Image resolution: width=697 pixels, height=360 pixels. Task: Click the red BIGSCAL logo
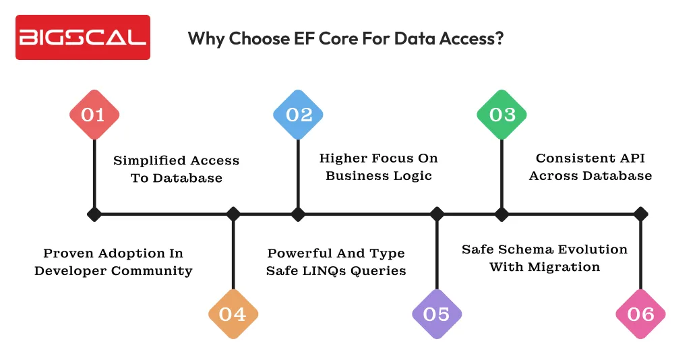click(x=83, y=37)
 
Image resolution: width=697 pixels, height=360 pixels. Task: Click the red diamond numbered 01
click(x=94, y=115)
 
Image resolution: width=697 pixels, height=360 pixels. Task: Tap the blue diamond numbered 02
click(x=298, y=115)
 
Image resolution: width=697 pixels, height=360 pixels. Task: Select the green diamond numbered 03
click(x=502, y=115)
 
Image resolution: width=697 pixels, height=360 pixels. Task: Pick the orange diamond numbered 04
click(x=233, y=313)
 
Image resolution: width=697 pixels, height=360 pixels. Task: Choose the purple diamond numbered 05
click(x=437, y=313)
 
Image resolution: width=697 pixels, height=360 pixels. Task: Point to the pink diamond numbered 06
click(x=640, y=313)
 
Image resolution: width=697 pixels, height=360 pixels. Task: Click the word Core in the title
click(x=320, y=38)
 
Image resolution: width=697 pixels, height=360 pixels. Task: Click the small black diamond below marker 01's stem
click(x=94, y=214)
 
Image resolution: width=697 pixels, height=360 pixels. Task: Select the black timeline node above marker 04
click(x=233, y=214)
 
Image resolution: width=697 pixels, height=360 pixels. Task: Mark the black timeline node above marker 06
click(x=640, y=214)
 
